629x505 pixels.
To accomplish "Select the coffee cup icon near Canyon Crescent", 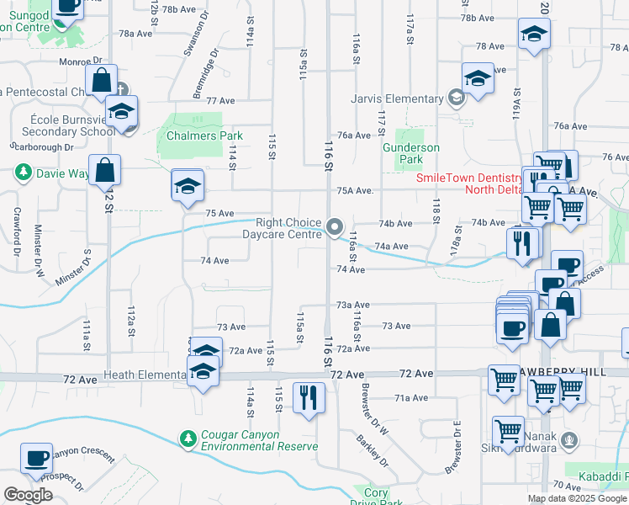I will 37,458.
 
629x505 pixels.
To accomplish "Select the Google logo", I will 28,495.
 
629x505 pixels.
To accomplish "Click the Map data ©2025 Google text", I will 576,498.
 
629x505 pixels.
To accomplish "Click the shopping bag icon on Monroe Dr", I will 101,80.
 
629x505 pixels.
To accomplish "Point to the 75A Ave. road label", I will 354,191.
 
